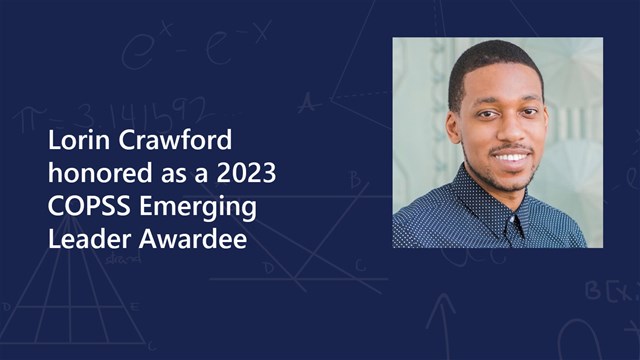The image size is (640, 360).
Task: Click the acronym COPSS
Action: point(85,208)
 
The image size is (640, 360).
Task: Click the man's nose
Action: point(510,129)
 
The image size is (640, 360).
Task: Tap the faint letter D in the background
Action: point(268,267)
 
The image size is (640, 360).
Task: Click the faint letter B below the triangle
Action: point(354,180)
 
